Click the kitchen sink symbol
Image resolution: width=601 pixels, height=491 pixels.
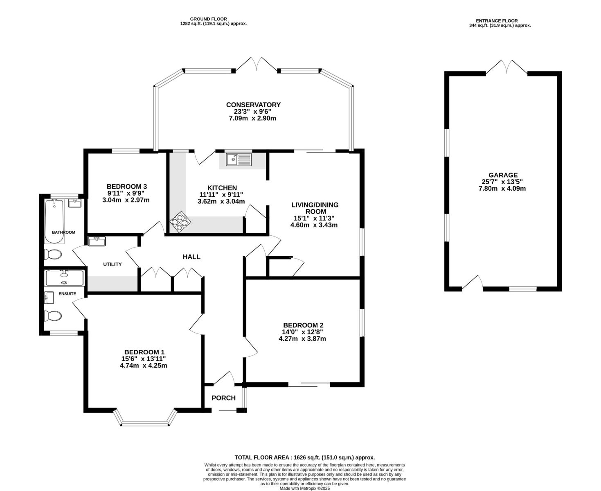(239, 160)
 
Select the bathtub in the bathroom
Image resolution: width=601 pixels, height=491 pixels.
(54, 221)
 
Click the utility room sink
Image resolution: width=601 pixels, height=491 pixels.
(97, 241)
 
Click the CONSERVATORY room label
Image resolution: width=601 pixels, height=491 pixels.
(253, 105)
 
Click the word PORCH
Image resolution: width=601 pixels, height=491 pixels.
(224, 398)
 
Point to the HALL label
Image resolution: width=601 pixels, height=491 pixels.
(191, 257)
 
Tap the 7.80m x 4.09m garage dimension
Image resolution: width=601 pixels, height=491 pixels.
(502, 188)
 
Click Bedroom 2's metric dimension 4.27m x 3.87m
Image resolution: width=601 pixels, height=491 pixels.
(302, 338)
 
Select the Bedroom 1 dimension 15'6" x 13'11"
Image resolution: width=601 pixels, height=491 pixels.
(144, 358)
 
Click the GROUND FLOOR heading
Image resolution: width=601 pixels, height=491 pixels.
(209, 19)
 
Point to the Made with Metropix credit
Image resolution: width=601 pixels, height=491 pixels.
(305, 488)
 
